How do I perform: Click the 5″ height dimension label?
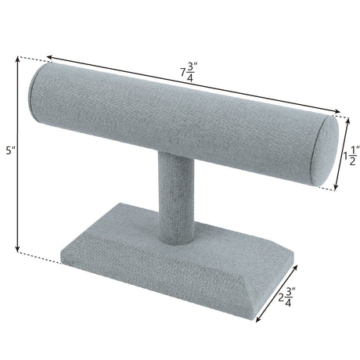11,150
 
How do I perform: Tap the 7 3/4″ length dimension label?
189,73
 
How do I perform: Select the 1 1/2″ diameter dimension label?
351,156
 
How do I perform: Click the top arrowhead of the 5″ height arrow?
18,59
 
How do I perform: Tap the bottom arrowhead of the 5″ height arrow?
18,250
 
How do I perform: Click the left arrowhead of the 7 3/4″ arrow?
49,57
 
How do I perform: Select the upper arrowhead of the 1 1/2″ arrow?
347,121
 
